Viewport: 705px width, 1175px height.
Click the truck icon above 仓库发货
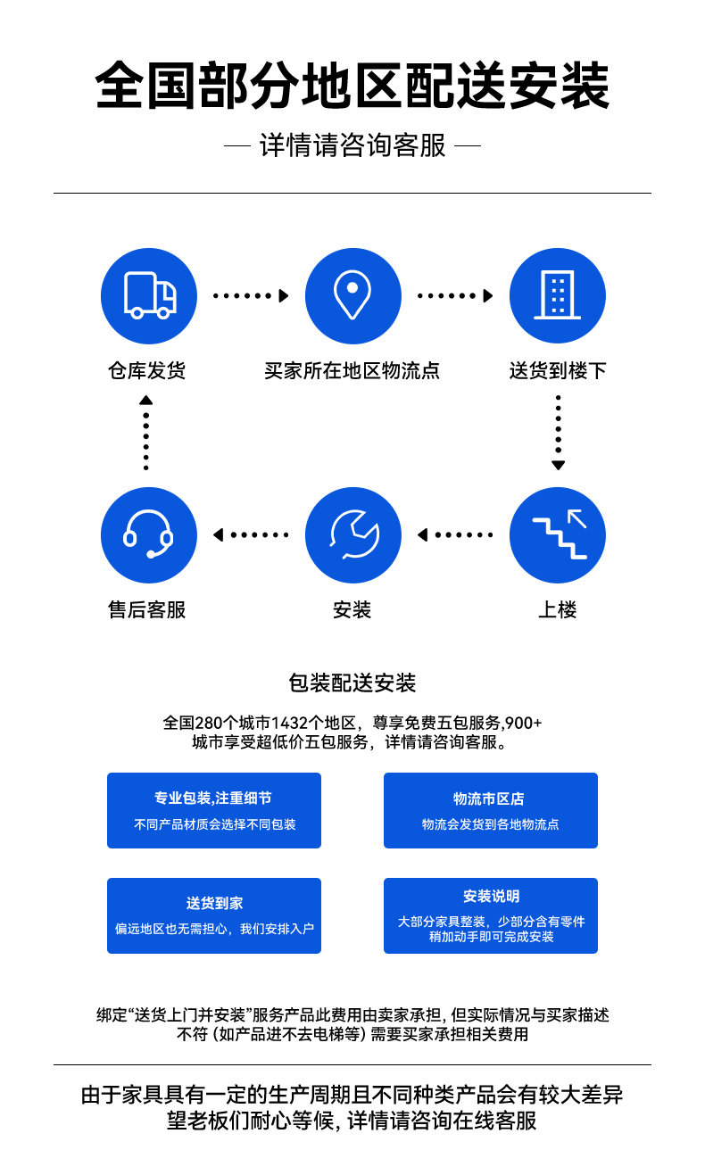[x=150, y=295]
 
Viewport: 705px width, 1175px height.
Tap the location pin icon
[x=352, y=294]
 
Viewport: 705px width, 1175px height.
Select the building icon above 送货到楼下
[x=557, y=295]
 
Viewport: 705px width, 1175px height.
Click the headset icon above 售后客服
[x=148, y=534]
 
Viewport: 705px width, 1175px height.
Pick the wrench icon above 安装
[x=354, y=534]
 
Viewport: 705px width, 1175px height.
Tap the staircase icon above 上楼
[x=560, y=534]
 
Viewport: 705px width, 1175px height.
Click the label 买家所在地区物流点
[x=352, y=371]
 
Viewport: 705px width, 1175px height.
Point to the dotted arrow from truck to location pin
[x=251, y=296]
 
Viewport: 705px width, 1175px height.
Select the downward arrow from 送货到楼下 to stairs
[x=558, y=433]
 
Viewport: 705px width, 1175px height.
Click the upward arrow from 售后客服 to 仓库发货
[x=145, y=433]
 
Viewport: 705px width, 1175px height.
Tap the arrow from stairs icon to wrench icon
[x=455, y=535]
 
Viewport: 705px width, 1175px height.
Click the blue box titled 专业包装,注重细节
[x=214, y=810]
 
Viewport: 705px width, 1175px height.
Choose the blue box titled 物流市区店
[x=491, y=810]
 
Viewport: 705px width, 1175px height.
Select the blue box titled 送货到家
[x=214, y=916]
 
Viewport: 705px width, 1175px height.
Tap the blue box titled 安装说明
[x=491, y=916]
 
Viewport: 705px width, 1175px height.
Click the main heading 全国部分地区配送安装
[x=352, y=86]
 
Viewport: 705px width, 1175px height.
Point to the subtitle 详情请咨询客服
[x=352, y=145]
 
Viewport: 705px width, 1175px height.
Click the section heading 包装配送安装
[x=352, y=683]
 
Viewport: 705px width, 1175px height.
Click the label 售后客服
[x=147, y=610]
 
